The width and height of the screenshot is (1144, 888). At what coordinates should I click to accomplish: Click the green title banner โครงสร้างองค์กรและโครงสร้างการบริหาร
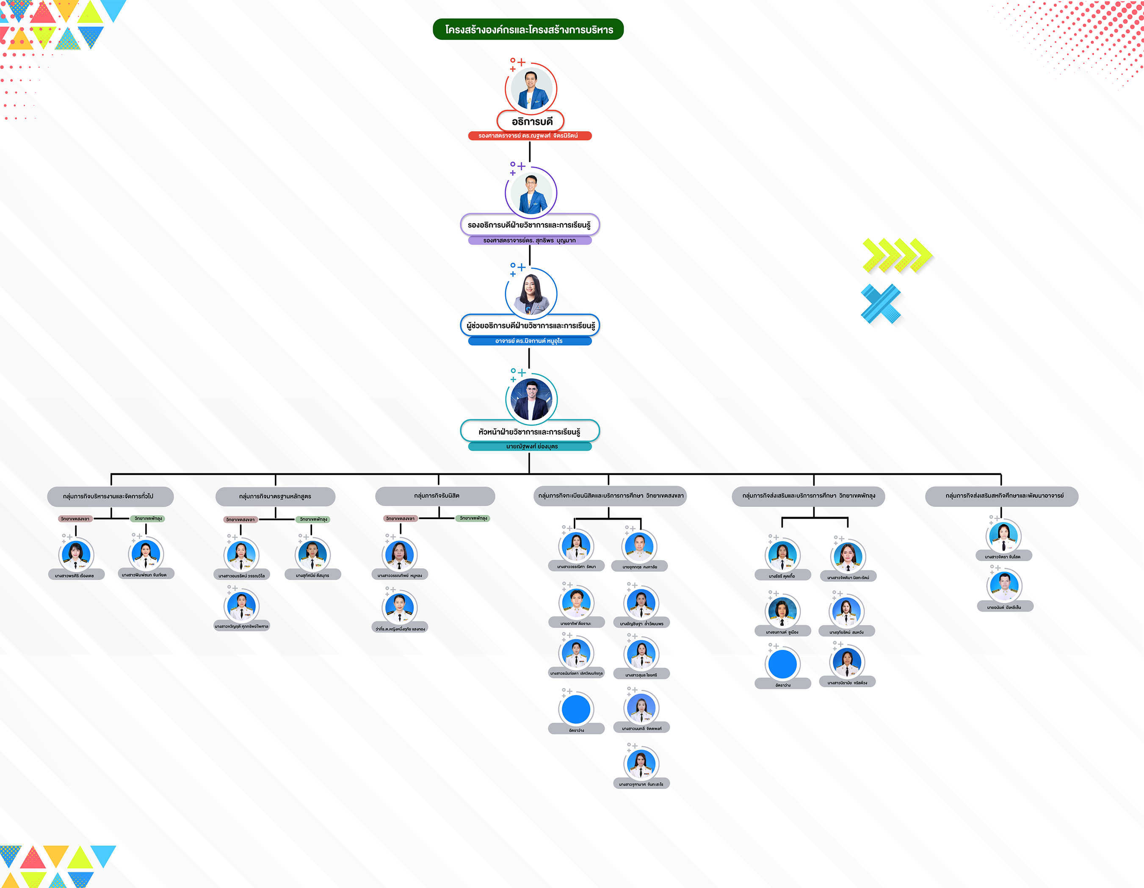[x=528, y=29]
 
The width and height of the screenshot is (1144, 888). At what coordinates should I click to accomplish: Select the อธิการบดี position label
[x=531, y=122]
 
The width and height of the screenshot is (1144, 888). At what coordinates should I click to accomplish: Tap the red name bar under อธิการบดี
[x=530, y=136]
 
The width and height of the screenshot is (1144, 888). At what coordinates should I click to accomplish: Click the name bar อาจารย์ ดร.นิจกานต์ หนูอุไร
[x=530, y=341]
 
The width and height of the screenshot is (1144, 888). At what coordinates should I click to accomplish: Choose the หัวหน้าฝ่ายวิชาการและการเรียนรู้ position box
[x=530, y=432]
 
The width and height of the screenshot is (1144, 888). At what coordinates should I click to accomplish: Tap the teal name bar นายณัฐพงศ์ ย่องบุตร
[x=530, y=446]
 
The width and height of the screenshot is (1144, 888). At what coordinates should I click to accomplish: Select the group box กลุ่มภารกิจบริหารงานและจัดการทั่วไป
[x=110, y=496]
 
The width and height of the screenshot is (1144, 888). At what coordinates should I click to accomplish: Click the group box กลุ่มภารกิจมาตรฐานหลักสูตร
[x=275, y=496]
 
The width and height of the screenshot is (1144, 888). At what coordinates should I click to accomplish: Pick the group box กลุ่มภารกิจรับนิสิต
[x=435, y=495]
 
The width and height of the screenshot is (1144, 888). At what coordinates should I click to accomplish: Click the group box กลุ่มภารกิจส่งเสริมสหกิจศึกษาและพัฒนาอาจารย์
[x=1001, y=495]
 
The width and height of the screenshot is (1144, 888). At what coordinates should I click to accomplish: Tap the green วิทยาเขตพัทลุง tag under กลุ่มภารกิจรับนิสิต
[x=473, y=518]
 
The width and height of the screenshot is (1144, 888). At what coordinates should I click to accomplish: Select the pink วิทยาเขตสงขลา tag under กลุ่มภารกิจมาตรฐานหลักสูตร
[x=240, y=520]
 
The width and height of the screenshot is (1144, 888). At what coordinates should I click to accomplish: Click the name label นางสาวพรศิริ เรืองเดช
[x=75, y=575]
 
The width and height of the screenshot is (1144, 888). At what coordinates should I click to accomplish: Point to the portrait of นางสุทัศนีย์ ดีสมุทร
[x=312, y=554]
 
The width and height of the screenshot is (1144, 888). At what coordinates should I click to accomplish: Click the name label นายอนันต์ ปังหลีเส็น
[x=1004, y=607]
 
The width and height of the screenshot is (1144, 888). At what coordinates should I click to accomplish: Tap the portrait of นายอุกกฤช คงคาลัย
[x=639, y=546]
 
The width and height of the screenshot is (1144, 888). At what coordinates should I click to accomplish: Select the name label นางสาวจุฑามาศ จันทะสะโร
[x=641, y=784]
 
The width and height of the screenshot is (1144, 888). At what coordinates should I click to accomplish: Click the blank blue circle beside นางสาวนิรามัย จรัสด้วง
[x=782, y=664]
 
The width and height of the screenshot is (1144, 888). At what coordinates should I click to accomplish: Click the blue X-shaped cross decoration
[x=881, y=304]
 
